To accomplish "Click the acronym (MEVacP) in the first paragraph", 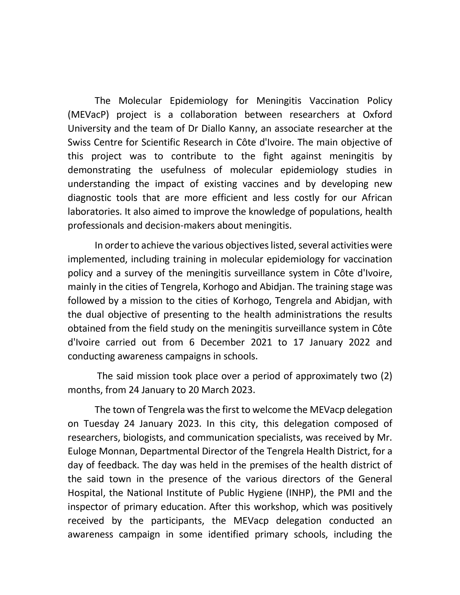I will [88, 115].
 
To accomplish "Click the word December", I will [222, 342].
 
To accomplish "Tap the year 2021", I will [261, 342].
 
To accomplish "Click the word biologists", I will [144, 438].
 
